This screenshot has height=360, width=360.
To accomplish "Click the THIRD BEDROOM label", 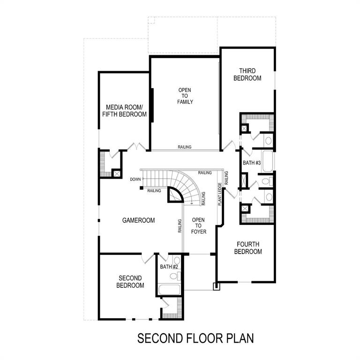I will (x=247, y=75).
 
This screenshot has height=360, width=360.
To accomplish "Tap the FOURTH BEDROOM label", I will (x=248, y=248).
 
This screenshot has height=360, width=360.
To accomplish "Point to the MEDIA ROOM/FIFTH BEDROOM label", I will (x=126, y=110).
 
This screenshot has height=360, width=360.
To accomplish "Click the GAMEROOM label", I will (x=138, y=220).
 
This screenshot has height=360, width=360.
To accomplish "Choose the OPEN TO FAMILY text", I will (x=185, y=96).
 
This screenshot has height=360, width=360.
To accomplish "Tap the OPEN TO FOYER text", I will (x=199, y=225).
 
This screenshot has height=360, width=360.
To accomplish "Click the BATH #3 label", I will (x=252, y=163).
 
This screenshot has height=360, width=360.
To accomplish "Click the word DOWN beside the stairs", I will (x=135, y=180).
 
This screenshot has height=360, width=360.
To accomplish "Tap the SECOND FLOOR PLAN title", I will (x=195, y=338).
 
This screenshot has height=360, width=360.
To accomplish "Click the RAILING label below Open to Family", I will (x=184, y=147).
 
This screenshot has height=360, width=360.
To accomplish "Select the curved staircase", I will (x=187, y=185).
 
